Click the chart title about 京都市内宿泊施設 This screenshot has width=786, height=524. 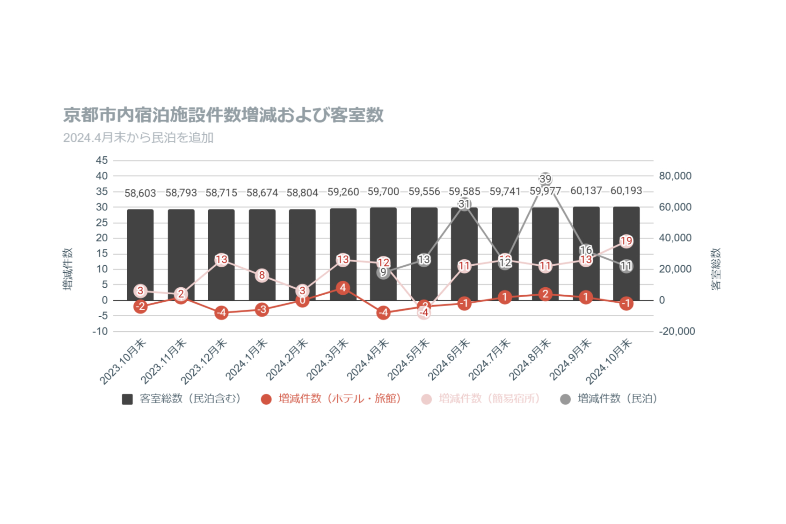(223, 115)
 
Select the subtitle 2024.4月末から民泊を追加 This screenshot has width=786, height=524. (138, 138)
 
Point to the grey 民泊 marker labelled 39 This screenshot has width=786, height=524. (545, 179)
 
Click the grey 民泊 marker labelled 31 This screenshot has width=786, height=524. (464, 204)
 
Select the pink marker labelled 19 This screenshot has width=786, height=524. (626, 241)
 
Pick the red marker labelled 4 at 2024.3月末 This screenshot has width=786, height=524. (343, 288)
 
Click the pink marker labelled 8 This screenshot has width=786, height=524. (262, 275)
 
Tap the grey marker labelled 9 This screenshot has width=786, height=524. (383, 272)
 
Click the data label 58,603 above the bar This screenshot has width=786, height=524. (140, 193)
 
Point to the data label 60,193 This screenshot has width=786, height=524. (626, 191)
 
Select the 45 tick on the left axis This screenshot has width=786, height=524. (102, 160)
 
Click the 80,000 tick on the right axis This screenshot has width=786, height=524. (675, 176)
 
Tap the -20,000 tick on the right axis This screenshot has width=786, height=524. (677, 331)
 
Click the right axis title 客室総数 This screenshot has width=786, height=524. (716, 269)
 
